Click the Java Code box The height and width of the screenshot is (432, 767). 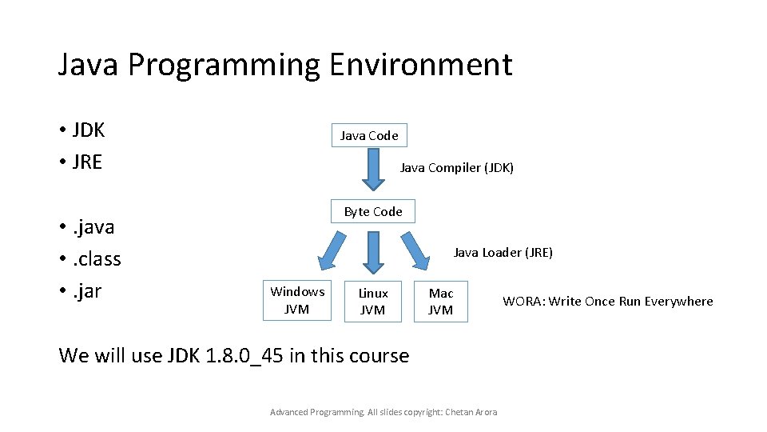pos(369,135)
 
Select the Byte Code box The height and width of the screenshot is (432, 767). pos(373,211)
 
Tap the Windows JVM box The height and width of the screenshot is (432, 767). pos(297,301)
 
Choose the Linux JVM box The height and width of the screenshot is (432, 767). pos(372,302)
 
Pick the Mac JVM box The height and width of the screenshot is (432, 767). pos(440,302)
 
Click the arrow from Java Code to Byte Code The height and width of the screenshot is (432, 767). pos(370,168)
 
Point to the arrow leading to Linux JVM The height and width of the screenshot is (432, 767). pos(372,252)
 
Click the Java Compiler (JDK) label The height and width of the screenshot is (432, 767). pos(456,168)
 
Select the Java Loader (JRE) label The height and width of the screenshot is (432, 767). pos(503,253)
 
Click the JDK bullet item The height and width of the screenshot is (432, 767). pos(88,130)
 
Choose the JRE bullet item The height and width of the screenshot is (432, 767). pos(86,162)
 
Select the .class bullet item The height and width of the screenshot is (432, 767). pos(96,259)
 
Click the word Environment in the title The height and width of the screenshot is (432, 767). pos(419,64)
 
